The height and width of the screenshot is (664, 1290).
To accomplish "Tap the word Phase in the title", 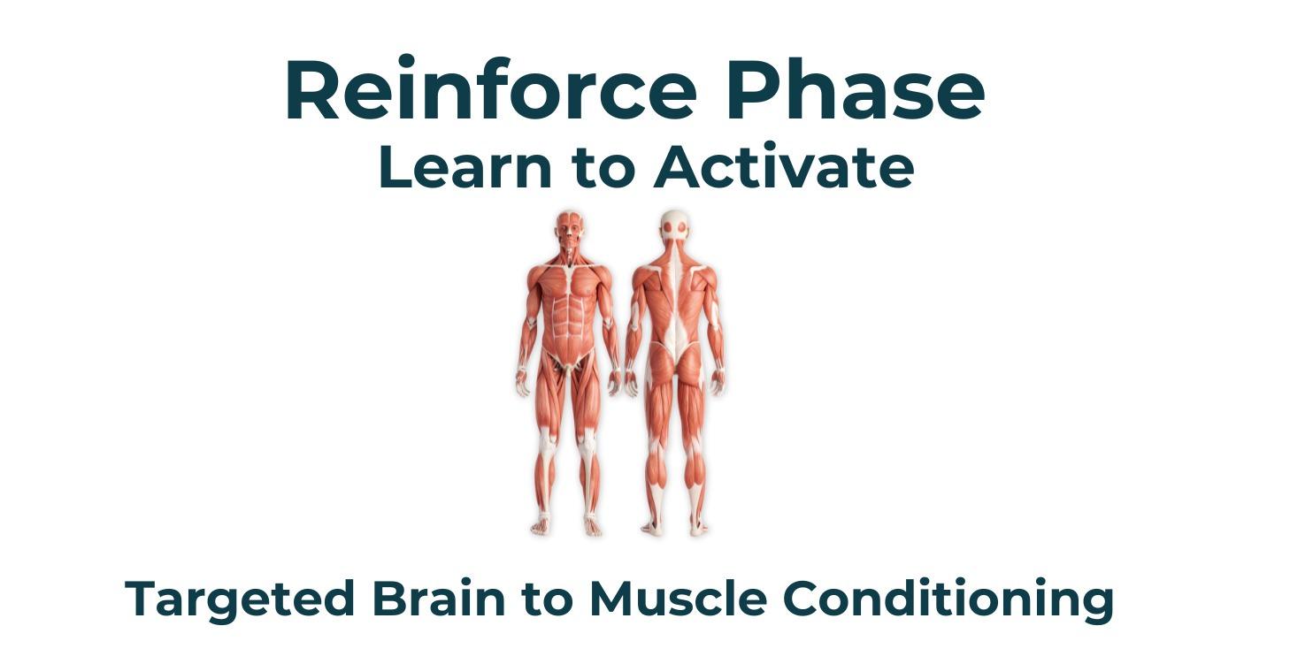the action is [856, 89].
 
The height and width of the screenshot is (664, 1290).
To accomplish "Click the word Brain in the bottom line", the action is [439, 599].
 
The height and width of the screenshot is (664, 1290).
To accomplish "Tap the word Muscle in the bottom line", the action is [678, 599].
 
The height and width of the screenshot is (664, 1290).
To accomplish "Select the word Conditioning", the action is [948, 600].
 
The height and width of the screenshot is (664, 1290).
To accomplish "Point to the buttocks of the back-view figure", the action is [675, 362].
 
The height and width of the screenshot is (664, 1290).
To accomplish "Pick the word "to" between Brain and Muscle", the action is [548, 599].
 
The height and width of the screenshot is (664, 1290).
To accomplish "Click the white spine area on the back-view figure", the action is [675, 299].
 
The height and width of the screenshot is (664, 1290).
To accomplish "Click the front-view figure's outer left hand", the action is [522, 383].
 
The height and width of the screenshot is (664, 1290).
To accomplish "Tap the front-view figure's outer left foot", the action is [541, 525].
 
